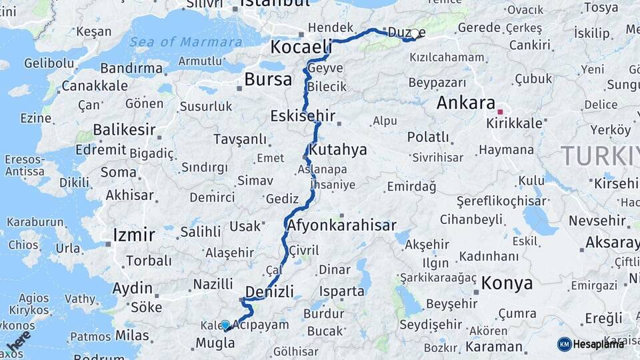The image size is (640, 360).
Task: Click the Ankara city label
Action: [465, 103]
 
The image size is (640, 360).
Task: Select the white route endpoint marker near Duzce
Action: [415, 34]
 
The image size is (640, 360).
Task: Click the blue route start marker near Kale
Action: [225, 324]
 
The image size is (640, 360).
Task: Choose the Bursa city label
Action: [268, 80]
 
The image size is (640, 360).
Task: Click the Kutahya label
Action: [338, 149]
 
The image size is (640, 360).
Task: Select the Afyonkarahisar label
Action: [342, 225]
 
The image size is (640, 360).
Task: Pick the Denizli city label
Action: [269, 291]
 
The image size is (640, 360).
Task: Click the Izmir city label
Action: [134, 235]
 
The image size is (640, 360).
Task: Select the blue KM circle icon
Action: [565, 344]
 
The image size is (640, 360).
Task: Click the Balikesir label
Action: [124, 129]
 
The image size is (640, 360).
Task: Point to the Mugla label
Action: [215, 344]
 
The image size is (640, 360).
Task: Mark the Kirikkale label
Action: [515, 124]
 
